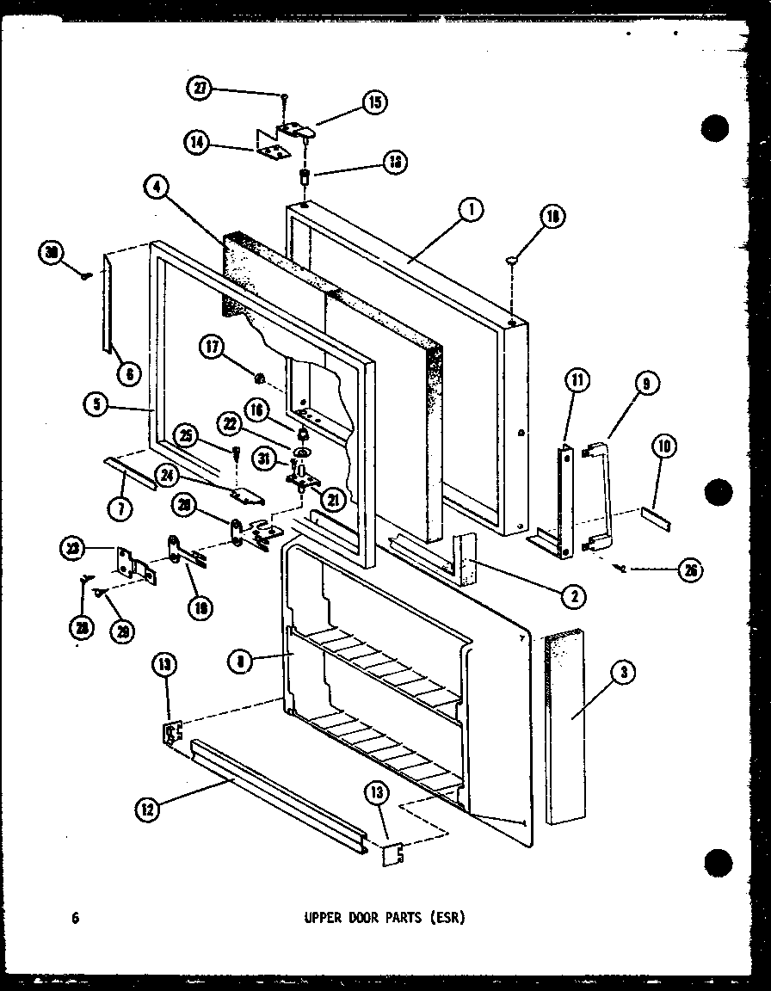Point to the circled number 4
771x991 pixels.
pos(157,189)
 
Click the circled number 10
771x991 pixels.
pos(664,446)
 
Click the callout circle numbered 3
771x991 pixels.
pos(622,677)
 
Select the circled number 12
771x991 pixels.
pos(146,808)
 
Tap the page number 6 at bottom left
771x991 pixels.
pos(77,918)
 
